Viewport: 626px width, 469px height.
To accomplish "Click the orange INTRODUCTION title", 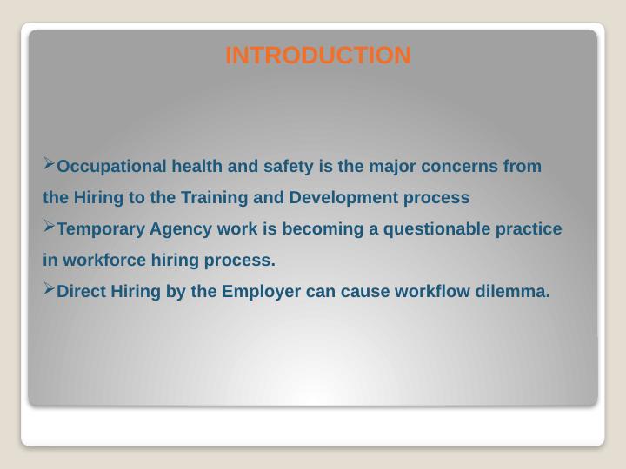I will click(x=318, y=56).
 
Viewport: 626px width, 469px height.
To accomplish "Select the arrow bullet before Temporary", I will click(x=49, y=227).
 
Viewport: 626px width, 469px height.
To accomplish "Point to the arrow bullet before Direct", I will click(x=49, y=288).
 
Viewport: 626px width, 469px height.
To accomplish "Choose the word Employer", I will click(x=262, y=292).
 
